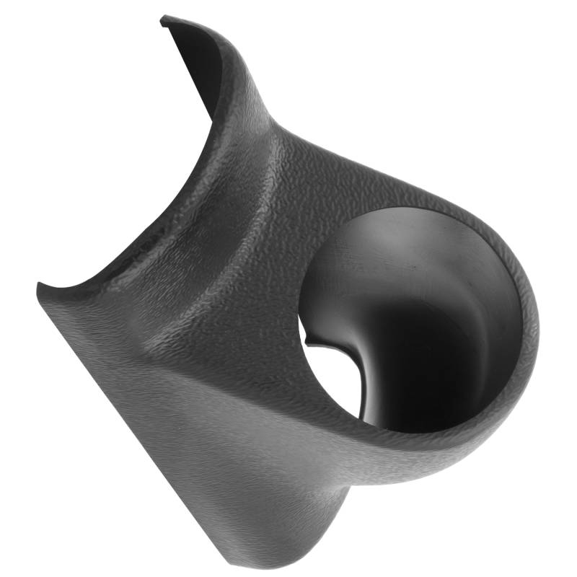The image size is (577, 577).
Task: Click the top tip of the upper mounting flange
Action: coord(164,18)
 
